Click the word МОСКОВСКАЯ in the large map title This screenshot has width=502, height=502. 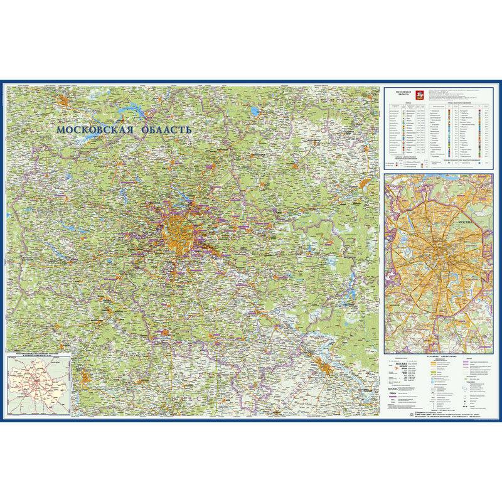(94, 130)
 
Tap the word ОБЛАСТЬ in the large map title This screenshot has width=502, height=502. (164, 129)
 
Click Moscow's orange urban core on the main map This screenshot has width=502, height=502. (178, 233)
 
